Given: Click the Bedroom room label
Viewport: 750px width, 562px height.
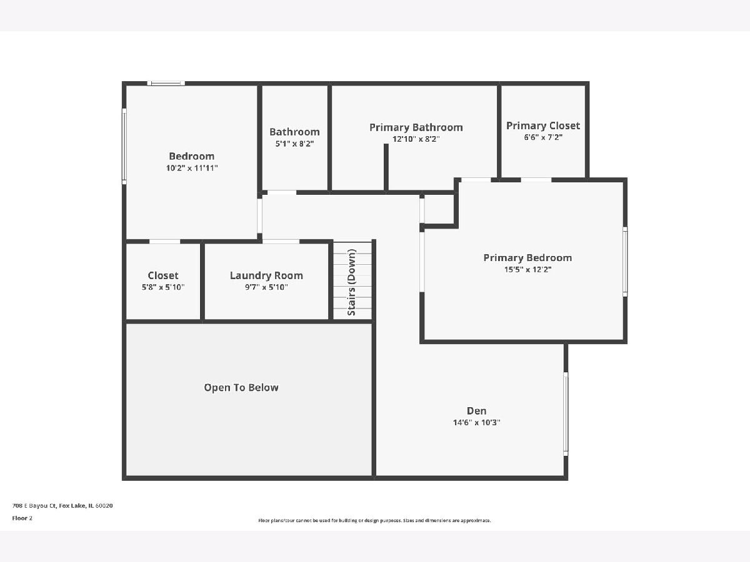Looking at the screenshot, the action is pos(192,156).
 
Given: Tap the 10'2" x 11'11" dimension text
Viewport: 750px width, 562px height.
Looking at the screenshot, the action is pos(192,168).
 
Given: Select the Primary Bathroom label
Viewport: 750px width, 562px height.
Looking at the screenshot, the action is pos(416,127).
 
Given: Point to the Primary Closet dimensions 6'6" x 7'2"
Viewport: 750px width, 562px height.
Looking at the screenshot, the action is pos(543,137).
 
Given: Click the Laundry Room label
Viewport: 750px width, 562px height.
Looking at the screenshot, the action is pos(266,276).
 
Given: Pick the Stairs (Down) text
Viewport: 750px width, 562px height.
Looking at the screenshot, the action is pos(352,282).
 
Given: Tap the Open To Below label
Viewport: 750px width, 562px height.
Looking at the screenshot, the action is pos(241,388).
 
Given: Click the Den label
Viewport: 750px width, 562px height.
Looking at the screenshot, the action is pos(476,411).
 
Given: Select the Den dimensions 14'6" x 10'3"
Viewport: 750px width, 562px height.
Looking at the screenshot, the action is pos(476,423).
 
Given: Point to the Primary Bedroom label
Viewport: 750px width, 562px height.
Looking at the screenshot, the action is pos(527,258).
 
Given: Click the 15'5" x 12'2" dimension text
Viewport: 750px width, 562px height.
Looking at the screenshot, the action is pos(527,270).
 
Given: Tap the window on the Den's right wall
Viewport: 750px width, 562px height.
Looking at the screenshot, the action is pos(566,413).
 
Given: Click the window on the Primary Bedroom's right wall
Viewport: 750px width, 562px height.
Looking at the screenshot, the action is pos(625,262).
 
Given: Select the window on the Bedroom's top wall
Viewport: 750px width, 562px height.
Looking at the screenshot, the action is pos(166,83).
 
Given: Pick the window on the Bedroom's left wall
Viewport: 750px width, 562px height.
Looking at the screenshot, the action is pos(124,146).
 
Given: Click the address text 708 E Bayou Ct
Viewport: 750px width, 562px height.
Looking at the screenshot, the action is pos(34,506).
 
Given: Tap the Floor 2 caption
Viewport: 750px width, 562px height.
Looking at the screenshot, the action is pos(22,518).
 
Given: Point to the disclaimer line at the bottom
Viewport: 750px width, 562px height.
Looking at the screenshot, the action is pos(374,520).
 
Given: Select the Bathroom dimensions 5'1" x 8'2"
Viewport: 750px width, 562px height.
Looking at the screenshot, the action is pos(294,144).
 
